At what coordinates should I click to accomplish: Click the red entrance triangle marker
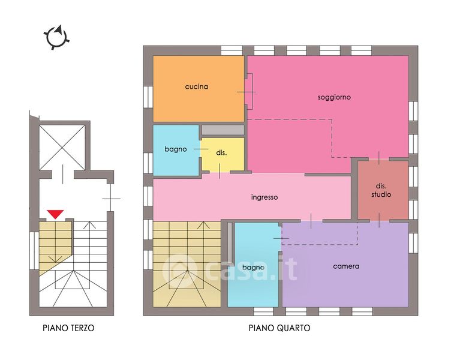coord(55,214)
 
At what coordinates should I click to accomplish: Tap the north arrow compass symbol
coord(56,37)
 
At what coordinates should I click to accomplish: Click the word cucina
coord(197,86)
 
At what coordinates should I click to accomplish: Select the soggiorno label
coord(334,97)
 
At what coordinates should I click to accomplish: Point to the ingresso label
coord(264,197)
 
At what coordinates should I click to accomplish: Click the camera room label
coord(346,266)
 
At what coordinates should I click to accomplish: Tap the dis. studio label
coord(381,190)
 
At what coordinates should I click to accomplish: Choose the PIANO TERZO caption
coord(68,328)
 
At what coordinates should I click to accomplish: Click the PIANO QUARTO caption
coord(279,328)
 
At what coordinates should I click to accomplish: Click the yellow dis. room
coord(223,154)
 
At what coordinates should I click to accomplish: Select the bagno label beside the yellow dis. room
coord(176,149)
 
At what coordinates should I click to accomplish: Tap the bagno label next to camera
coord(253,267)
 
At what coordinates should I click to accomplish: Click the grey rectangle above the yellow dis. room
coord(223,130)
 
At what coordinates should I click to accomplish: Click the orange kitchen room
coord(199,89)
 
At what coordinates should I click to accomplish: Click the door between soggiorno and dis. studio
coord(379,158)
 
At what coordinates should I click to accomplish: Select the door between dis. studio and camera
coord(379,220)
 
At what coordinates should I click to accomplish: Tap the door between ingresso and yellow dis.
coord(220,172)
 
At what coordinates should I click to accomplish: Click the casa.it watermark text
coord(230,269)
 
